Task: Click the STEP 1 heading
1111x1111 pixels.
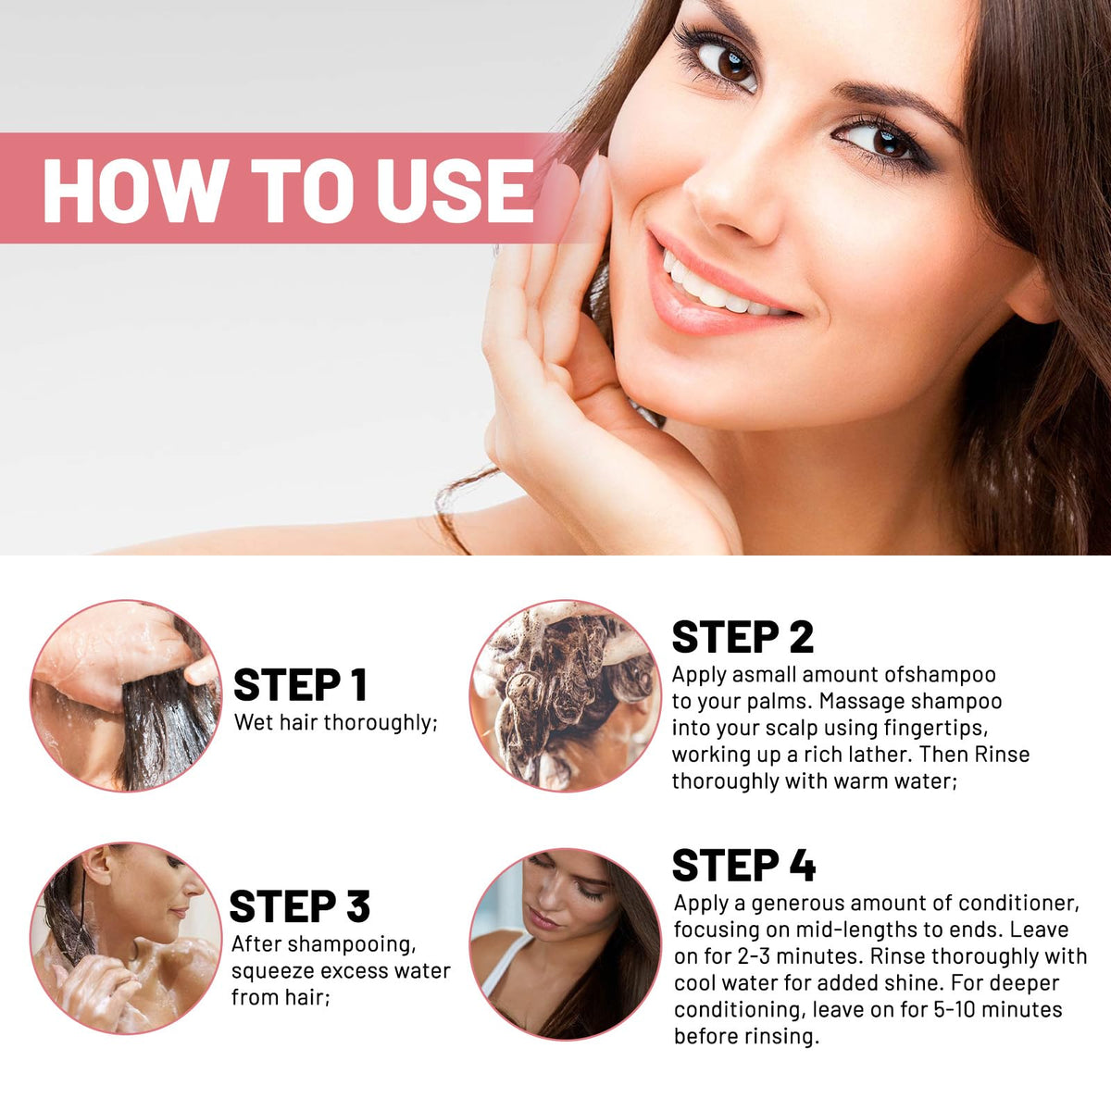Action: coord(300,685)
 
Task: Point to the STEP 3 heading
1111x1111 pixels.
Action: coord(299,905)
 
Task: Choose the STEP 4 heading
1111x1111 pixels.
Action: coord(743,866)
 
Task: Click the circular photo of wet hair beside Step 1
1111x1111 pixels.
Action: coord(126,696)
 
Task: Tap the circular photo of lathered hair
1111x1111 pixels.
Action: coord(566,696)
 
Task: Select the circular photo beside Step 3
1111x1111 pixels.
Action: coord(126,938)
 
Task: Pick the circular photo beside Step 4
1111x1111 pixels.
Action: coord(566,943)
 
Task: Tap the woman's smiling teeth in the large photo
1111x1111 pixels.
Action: coord(720,288)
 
